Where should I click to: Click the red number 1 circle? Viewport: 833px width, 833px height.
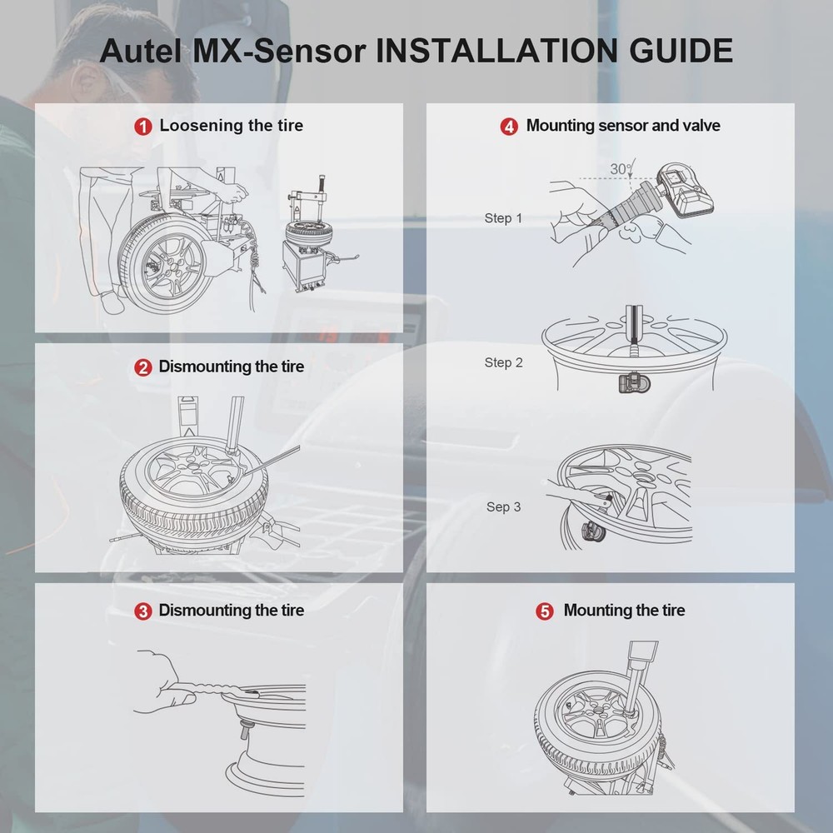click(x=143, y=127)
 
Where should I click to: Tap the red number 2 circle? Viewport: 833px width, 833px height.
click(x=143, y=367)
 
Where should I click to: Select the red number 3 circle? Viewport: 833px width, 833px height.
click(x=143, y=611)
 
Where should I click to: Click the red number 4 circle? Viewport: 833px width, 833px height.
click(x=508, y=127)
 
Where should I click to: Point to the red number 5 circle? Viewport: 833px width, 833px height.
click(x=545, y=611)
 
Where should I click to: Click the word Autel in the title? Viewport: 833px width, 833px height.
click(x=137, y=51)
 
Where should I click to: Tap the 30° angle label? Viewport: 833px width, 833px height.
click(x=620, y=169)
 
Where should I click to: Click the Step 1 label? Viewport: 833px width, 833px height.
click(x=503, y=218)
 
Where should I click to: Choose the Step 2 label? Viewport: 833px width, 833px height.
click(x=503, y=362)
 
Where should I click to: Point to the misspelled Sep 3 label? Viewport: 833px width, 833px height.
click(x=503, y=506)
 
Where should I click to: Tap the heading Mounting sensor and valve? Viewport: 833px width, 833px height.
click(x=623, y=126)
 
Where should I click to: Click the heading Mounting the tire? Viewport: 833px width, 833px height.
click(x=624, y=611)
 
